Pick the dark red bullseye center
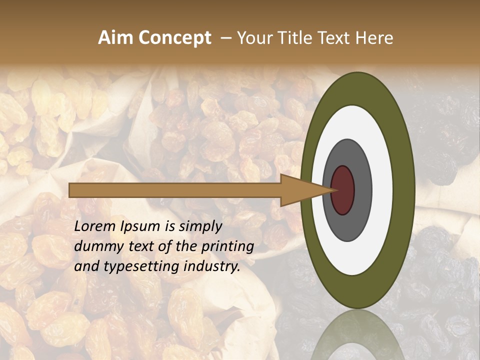343,190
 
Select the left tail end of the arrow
70,190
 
